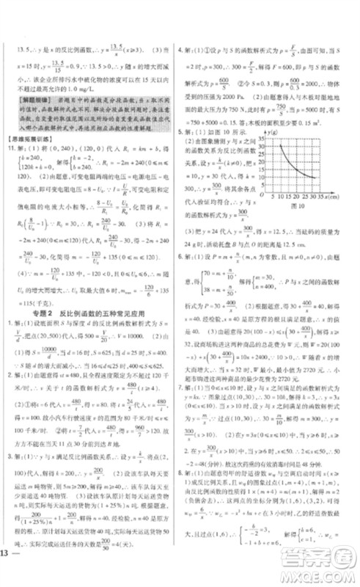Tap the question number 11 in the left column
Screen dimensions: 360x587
click(10, 147)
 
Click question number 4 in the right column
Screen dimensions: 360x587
click(181, 52)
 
